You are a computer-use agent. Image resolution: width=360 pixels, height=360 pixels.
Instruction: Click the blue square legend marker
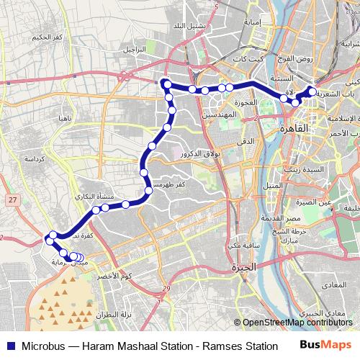9,344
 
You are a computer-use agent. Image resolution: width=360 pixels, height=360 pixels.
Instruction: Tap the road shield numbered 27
12,199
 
